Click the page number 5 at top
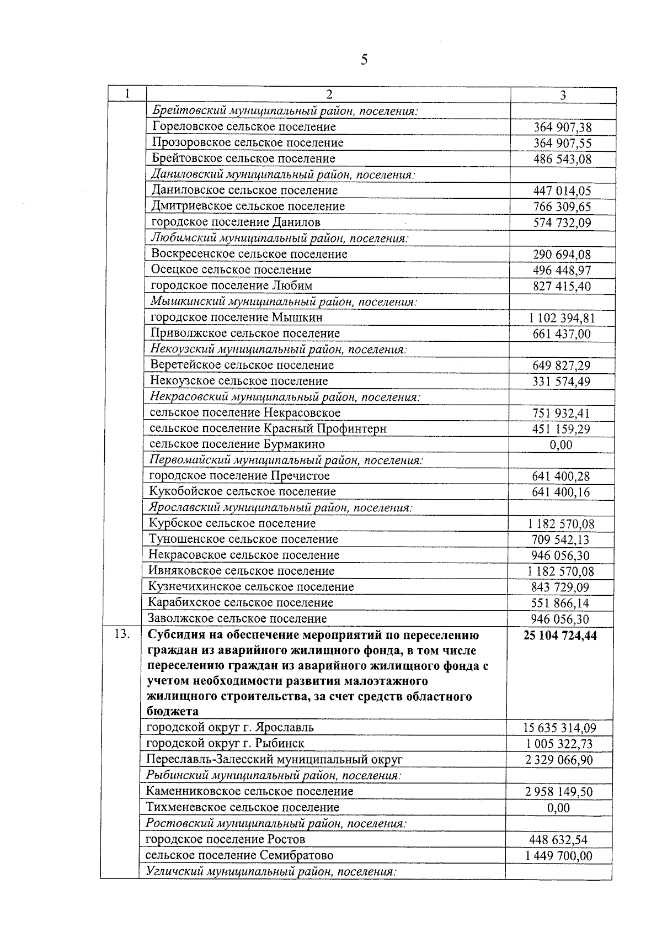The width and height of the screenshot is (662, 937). click(364, 60)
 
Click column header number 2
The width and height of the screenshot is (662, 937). click(329, 94)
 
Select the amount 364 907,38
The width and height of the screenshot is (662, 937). click(562, 128)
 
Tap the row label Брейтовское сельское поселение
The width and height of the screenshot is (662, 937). click(243, 158)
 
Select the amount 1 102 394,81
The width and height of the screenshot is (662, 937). click(562, 318)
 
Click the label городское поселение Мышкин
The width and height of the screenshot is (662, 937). click(237, 317)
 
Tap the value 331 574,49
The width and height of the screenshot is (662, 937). click(561, 382)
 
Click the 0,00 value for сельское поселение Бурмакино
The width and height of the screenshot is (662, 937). click(561, 445)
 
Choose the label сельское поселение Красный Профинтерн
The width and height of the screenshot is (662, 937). click(268, 428)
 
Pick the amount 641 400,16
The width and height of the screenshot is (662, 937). click(560, 493)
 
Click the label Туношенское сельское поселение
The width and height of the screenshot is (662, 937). click(243, 539)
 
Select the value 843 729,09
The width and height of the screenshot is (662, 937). click(560, 587)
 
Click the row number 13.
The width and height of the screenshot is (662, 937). click(122, 635)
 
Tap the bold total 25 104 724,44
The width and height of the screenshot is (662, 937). click(560, 636)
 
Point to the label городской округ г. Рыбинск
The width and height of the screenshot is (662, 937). click(225, 743)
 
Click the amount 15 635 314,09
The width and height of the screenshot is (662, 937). click(559, 728)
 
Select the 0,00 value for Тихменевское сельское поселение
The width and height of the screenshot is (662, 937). click(558, 808)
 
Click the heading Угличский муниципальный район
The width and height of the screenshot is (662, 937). click(271, 872)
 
